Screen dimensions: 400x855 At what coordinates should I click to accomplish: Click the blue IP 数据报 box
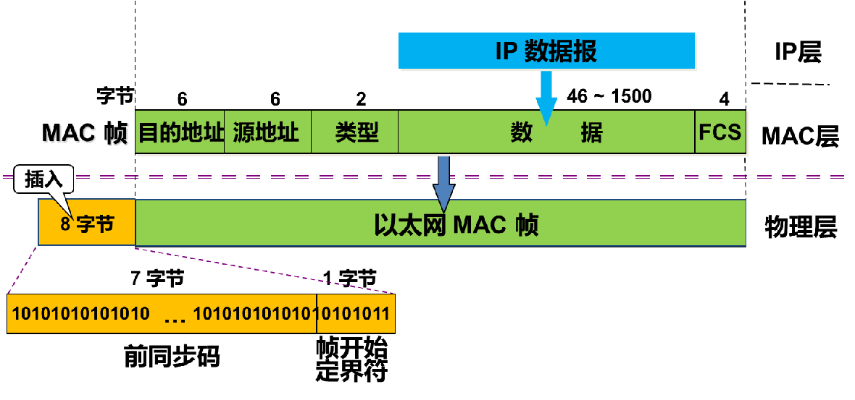(546, 51)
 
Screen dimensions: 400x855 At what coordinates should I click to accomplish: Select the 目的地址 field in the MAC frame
(180, 132)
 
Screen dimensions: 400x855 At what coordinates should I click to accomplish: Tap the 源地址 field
(267, 132)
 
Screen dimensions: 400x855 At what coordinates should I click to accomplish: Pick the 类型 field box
(355, 132)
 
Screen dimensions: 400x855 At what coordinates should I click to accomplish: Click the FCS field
(720, 132)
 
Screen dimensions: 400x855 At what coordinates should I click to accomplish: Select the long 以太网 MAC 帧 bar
(441, 225)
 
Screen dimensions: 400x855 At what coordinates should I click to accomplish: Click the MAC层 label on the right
(799, 135)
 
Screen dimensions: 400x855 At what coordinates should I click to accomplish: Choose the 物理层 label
(800, 227)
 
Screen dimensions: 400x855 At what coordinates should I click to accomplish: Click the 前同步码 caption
(171, 357)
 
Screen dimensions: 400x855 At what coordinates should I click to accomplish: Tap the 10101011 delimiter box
(356, 314)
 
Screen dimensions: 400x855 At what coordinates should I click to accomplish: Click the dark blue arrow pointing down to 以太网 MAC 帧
(443, 184)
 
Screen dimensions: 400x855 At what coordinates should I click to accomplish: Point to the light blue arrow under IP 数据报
(546, 101)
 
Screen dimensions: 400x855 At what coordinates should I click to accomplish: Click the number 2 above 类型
(361, 99)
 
